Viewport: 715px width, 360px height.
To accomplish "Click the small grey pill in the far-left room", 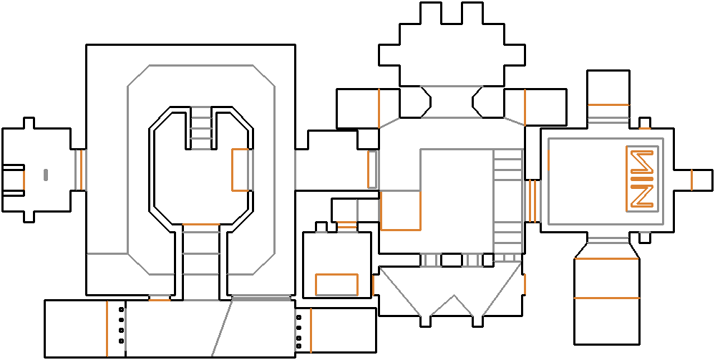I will pos(45,174).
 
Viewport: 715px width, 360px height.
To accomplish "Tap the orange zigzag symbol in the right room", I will pos(641,178).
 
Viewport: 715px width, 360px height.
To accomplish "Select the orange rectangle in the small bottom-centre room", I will pos(336,284).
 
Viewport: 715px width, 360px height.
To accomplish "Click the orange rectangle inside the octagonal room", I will pos(240,170).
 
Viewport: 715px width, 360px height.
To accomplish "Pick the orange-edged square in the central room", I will pos(400,210).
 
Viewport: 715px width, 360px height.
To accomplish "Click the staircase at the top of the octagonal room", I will pos(203,128).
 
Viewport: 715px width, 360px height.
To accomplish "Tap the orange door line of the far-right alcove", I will pos(691,180).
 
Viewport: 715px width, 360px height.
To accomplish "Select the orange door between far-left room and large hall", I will pos(81,170).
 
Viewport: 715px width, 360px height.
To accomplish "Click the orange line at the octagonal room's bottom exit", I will pos(201,225).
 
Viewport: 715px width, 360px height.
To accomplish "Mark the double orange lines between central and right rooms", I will pos(532,200).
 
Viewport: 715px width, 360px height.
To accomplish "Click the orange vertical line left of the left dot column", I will pos(107,329).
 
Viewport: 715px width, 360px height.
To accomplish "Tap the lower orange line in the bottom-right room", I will pos(606,298).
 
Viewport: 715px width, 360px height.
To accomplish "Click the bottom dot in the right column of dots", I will pos(298,347).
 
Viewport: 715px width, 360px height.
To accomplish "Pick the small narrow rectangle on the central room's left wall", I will pos(372,170).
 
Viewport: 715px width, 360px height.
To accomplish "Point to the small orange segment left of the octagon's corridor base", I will pos(159,300).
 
